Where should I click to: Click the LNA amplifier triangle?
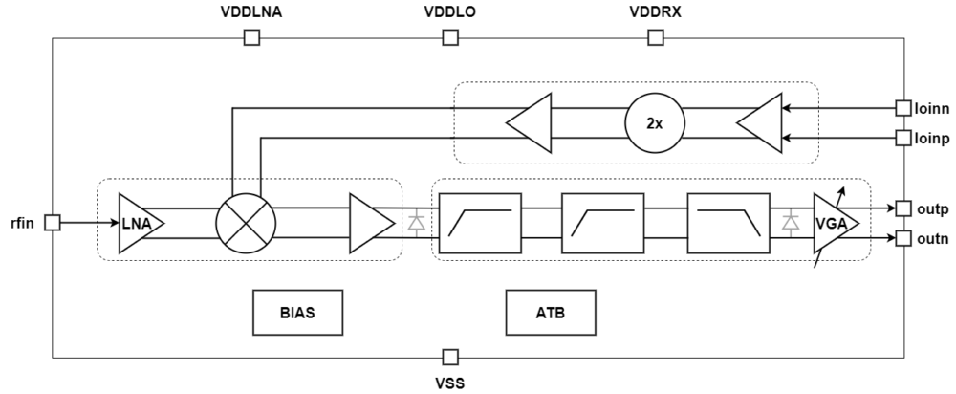click(x=140, y=223)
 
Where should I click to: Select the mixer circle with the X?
click(x=246, y=223)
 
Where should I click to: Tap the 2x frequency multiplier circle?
click(x=655, y=123)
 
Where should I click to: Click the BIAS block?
click(x=297, y=312)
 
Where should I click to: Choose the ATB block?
click(x=551, y=312)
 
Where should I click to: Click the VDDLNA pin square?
click(x=251, y=38)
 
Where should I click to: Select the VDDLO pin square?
click(x=449, y=38)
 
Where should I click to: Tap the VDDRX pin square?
click(x=655, y=38)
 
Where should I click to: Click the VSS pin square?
click(x=449, y=358)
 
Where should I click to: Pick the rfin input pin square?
click(x=53, y=222)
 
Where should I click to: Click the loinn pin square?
click(x=902, y=108)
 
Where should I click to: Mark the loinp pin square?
click(x=902, y=139)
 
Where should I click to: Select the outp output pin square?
click(x=902, y=208)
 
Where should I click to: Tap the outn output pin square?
click(x=902, y=238)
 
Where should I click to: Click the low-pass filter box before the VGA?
click(x=727, y=223)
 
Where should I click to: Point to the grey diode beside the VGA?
click(x=790, y=223)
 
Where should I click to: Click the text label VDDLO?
click(x=449, y=12)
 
